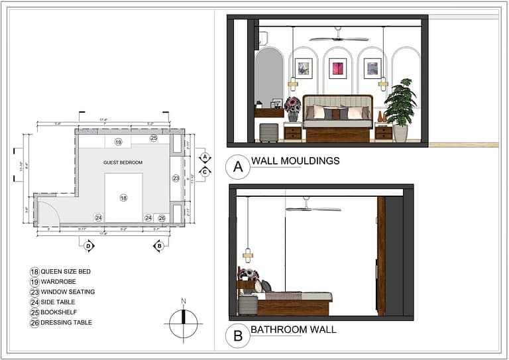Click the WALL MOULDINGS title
pos(295,160)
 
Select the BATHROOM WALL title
pos(293,330)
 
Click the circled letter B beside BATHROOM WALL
pos(237,336)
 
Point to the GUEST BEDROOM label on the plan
pos(123,162)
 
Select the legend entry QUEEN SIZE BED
pos(66,272)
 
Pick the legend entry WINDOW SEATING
pos(68,292)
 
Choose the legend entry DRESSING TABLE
pos(66,323)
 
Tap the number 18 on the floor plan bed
pos(123,198)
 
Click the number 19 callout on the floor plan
pos(118,142)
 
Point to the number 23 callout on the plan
pos(176,178)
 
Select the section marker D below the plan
pos(89,246)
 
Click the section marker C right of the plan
pos(205,172)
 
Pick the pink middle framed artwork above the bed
pos(338,68)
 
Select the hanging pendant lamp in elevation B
pos(248,255)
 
